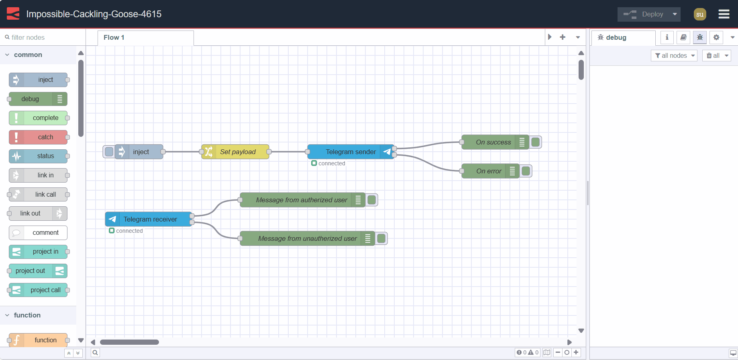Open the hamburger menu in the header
pyautogui.click(x=724, y=14)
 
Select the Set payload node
pyautogui.click(x=237, y=152)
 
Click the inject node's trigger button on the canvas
pyautogui.click(x=109, y=152)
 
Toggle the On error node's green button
pyautogui.click(x=526, y=171)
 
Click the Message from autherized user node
pyautogui.click(x=301, y=200)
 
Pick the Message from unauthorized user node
pyautogui.click(x=307, y=238)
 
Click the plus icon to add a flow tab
pyautogui.click(x=563, y=37)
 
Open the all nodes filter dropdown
pyautogui.click(x=674, y=56)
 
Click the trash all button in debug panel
pyautogui.click(x=713, y=56)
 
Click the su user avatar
pyautogui.click(x=699, y=14)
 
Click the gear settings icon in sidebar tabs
pyautogui.click(x=716, y=37)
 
